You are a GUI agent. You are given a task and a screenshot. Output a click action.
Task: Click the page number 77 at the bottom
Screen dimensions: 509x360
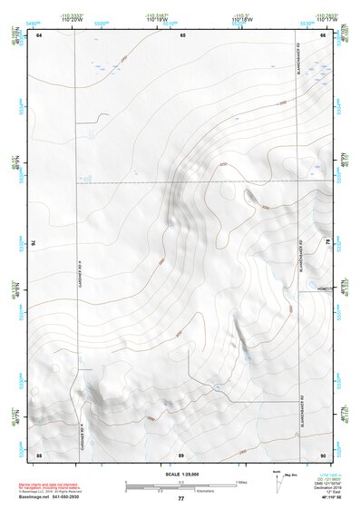[180, 499]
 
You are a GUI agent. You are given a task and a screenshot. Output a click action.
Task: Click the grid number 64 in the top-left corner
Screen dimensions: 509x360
[39, 34]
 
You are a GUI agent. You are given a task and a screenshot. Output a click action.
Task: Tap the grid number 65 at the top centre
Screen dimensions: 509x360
[181, 34]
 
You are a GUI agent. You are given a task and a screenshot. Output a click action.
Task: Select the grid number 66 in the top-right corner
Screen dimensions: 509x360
[323, 34]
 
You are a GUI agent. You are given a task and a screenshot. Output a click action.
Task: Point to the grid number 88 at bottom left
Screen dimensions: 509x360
[39, 453]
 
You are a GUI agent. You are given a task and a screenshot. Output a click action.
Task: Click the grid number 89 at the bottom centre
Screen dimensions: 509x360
[181, 453]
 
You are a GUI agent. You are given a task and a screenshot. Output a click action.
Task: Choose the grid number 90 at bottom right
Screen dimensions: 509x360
[323, 453]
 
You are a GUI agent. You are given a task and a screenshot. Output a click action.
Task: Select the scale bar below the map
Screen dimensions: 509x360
[180, 485]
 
